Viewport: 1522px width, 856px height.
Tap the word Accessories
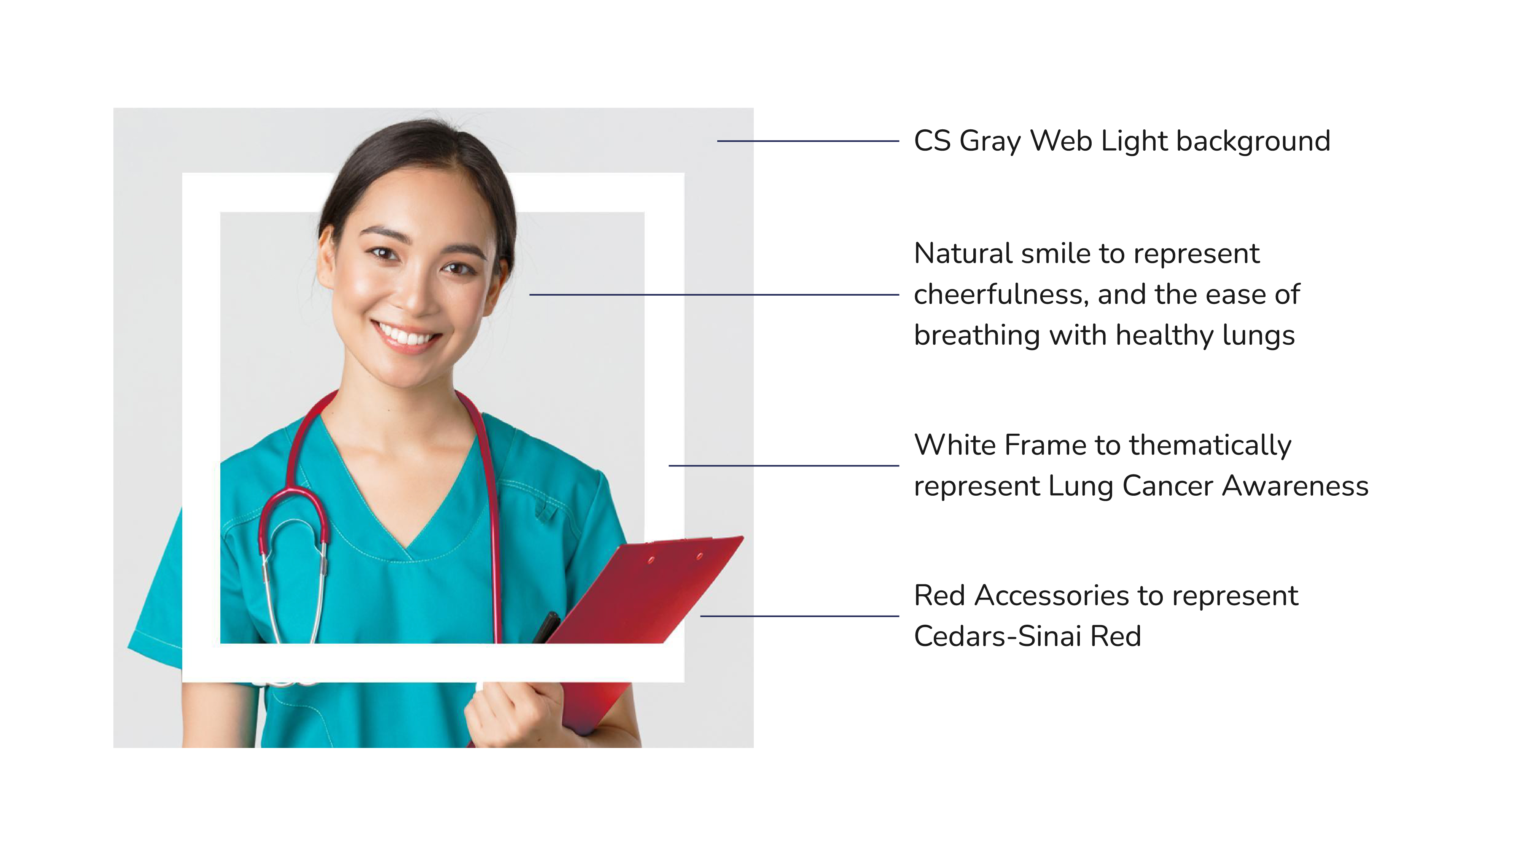pyautogui.click(x=1056, y=595)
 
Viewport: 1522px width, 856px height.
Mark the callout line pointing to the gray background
pyautogui.click(x=808, y=141)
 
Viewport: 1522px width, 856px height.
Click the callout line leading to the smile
pyautogui.click(x=714, y=294)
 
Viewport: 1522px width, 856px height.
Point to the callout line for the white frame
pyautogui.click(x=783, y=466)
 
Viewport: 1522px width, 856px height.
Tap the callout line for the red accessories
pyautogui.click(x=799, y=616)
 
